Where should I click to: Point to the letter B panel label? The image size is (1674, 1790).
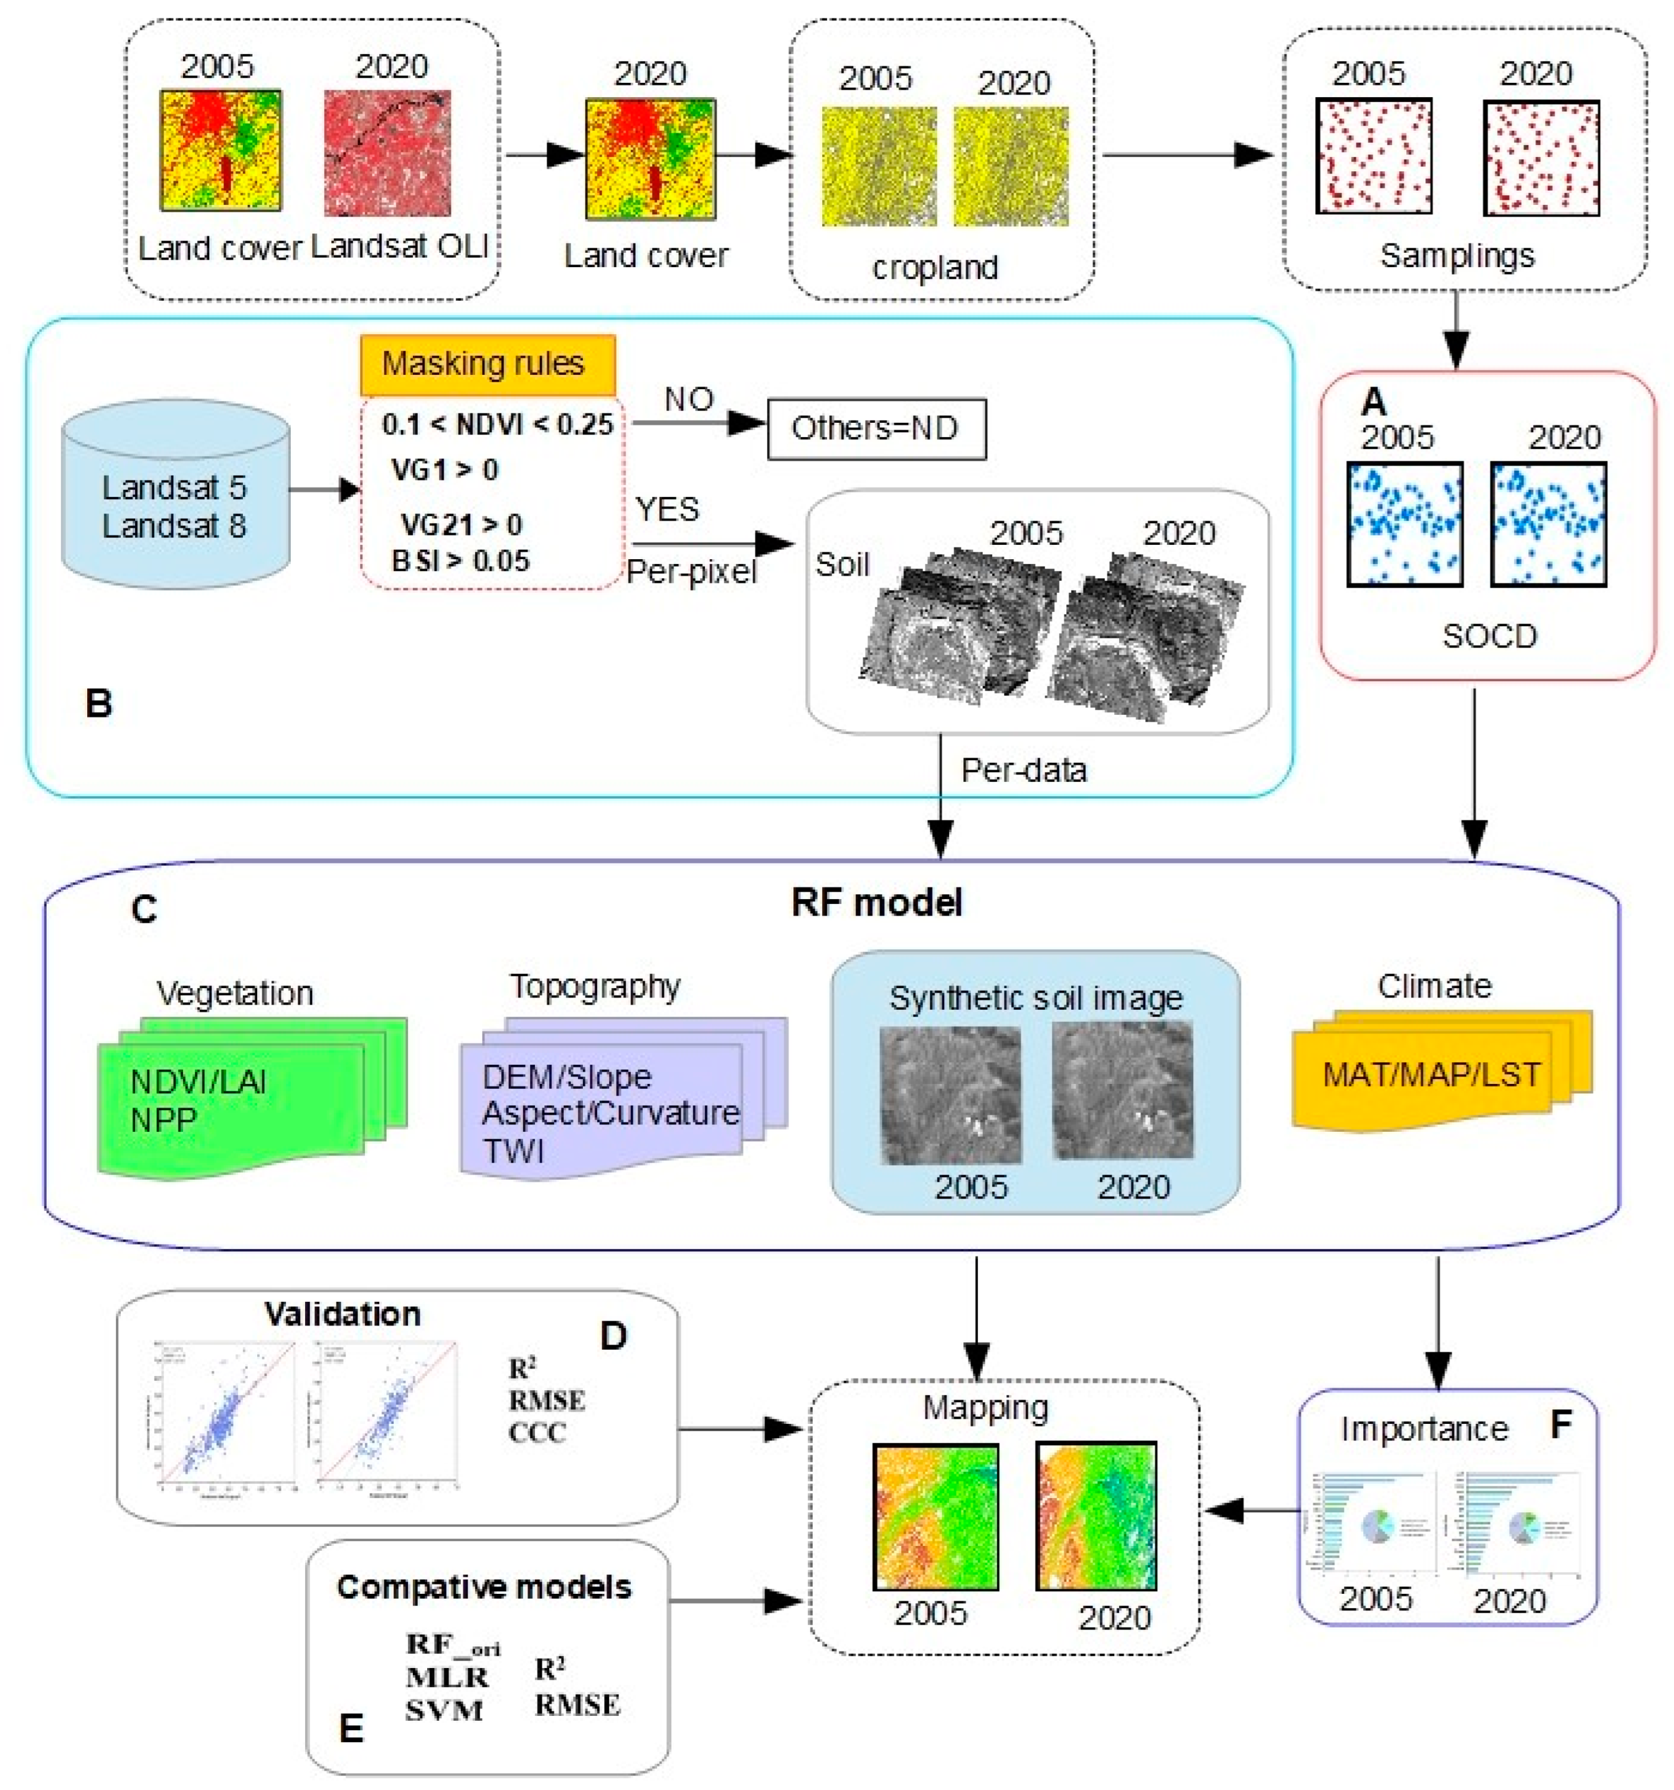(99, 703)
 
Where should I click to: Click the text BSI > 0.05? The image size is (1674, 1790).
(460, 561)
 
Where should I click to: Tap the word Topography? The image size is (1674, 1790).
(594, 987)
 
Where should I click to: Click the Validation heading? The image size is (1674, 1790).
(342, 1314)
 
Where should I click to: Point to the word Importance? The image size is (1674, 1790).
(1424, 1429)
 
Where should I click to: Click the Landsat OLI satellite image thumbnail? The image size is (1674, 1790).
(388, 153)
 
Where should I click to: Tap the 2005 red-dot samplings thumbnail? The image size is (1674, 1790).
(1373, 157)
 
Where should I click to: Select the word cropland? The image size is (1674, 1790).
(935, 268)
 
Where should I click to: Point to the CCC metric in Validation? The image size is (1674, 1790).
(537, 1433)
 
